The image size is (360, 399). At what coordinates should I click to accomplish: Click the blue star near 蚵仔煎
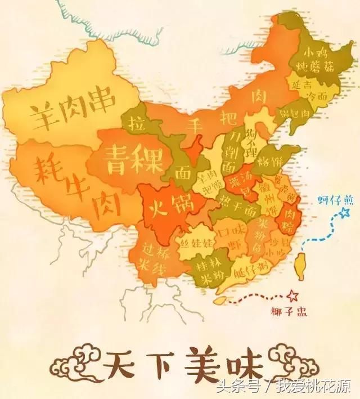[x=328, y=213]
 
